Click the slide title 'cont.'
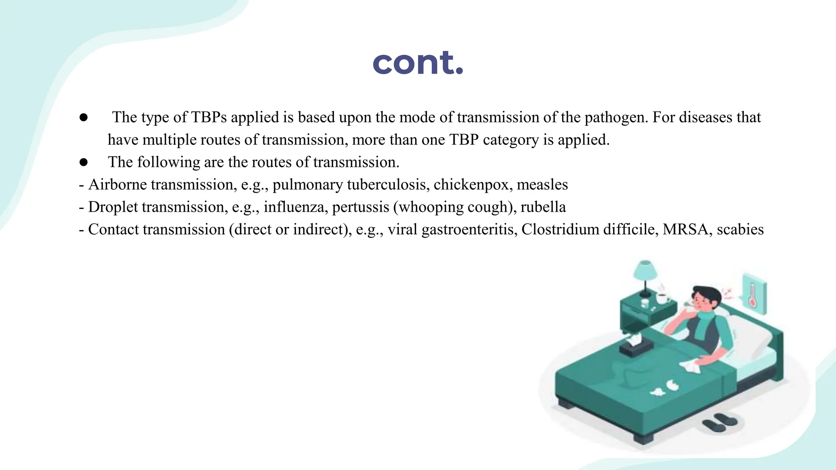click(x=418, y=63)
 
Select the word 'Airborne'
click(x=118, y=185)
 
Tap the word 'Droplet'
click(x=113, y=207)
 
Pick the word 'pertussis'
click(x=360, y=207)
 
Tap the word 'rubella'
click(x=543, y=207)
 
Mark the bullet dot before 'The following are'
click(x=84, y=162)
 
